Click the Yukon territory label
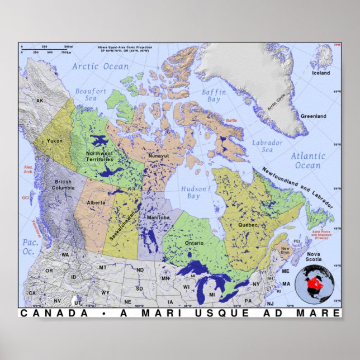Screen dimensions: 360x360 pos(55,141)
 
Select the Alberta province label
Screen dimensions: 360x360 pos(96,201)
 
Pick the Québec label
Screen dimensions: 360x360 pos(249,225)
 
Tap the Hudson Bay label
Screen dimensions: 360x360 pos(193,193)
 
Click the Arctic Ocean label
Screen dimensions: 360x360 pos(100,67)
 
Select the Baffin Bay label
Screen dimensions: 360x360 pos(215,96)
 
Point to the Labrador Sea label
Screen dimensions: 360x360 pos(267,146)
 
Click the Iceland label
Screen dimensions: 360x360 pos(321,73)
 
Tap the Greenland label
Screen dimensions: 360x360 pos(314,116)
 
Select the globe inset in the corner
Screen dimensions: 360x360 pos(316,282)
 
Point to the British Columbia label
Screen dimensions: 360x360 pos(63,184)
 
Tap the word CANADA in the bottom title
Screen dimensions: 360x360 pos(54,314)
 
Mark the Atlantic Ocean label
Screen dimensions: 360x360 pos(307,160)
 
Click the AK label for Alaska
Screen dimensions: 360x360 pos(40,101)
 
